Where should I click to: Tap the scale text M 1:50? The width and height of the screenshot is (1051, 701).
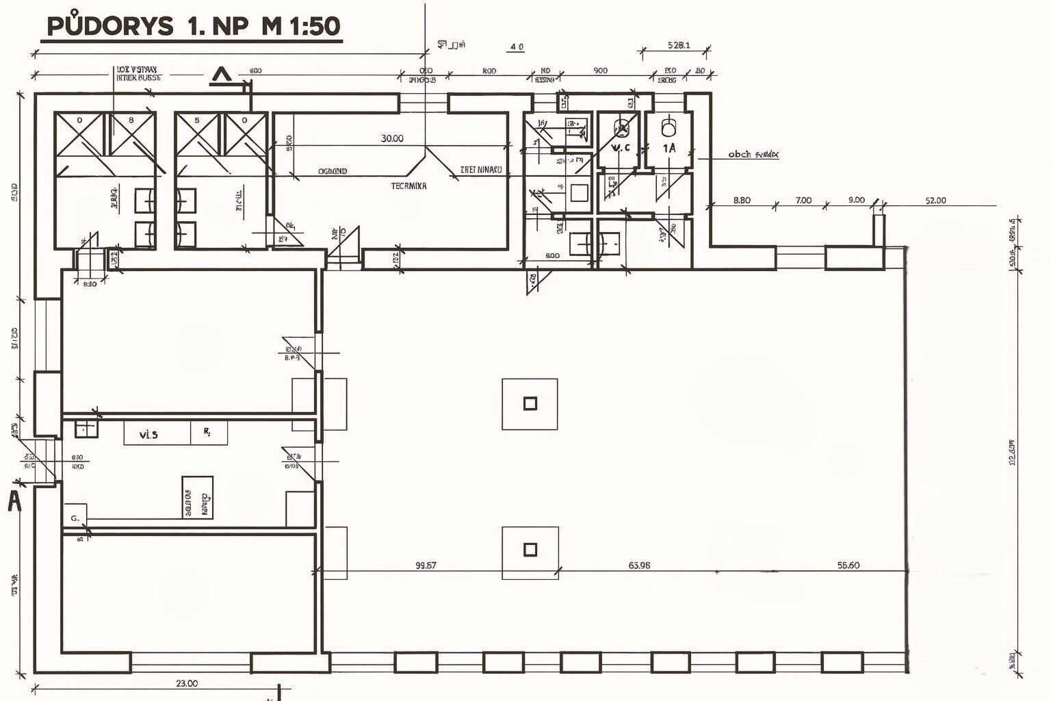point(300,26)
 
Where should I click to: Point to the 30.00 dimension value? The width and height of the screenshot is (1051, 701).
point(392,138)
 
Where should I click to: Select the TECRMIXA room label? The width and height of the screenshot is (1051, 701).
point(408,186)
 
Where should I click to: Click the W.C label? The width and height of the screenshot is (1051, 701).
point(621,147)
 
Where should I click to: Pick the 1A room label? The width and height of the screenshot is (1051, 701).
point(669,147)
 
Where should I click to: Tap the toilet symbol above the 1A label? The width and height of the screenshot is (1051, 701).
point(669,127)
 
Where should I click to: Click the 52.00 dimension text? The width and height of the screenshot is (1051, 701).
point(935,201)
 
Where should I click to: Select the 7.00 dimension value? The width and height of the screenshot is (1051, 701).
point(803,201)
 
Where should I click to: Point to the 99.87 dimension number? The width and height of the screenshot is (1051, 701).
point(426,565)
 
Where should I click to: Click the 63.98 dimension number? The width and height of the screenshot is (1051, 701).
point(639,565)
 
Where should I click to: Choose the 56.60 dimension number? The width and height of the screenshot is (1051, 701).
point(848,565)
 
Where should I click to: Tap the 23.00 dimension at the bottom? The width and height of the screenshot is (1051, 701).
point(187,683)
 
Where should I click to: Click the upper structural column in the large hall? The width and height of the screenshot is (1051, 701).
point(530,403)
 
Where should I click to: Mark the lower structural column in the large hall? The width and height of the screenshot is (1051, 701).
point(530,549)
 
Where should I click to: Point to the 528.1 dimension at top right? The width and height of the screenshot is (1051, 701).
point(678,46)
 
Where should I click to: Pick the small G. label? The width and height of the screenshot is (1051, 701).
point(75,518)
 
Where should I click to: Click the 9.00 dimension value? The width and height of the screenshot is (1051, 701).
point(856,201)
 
